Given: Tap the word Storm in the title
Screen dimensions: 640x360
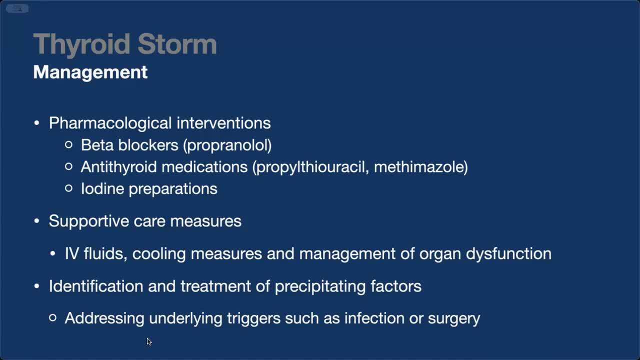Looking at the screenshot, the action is coord(177,43).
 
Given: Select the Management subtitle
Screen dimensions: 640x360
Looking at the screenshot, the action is coord(90,72).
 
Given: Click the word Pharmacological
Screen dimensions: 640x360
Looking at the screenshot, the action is coord(110,123).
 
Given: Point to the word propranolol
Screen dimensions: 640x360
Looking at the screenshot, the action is coord(227,145).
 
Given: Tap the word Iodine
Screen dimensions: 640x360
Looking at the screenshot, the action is coord(102,188).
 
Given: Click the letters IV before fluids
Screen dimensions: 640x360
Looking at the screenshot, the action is coord(71,253).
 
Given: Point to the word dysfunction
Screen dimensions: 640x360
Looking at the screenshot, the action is coord(508,253).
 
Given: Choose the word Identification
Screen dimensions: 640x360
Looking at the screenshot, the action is coord(96,286).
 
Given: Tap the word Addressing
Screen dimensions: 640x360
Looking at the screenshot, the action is coord(104,318).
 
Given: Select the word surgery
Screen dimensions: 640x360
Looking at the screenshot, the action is coord(454,319).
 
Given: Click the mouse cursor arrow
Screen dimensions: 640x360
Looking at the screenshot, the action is coord(149,341).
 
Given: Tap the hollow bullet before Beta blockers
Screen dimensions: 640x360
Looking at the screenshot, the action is coord(68,144).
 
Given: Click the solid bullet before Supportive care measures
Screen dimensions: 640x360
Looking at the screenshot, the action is coord(36,221).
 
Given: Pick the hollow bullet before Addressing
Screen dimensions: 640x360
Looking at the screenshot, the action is coord(52,317).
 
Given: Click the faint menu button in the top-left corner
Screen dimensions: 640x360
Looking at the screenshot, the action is coord(17,8).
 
